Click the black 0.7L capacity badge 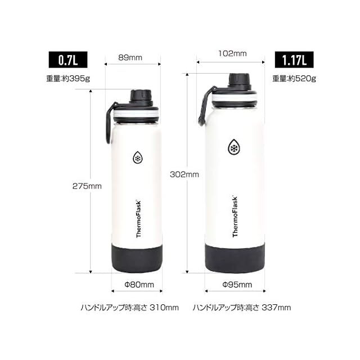pyautogui.click(x=68, y=60)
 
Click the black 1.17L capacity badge pyautogui.click(x=294, y=60)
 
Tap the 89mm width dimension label pyautogui.click(x=130, y=57)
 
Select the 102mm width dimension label pyautogui.click(x=232, y=53)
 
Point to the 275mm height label pyautogui.click(x=87, y=186)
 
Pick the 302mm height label pyautogui.click(x=184, y=174)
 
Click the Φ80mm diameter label pyautogui.click(x=139, y=285)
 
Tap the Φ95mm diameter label pyautogui.click(x=237, y=285)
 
